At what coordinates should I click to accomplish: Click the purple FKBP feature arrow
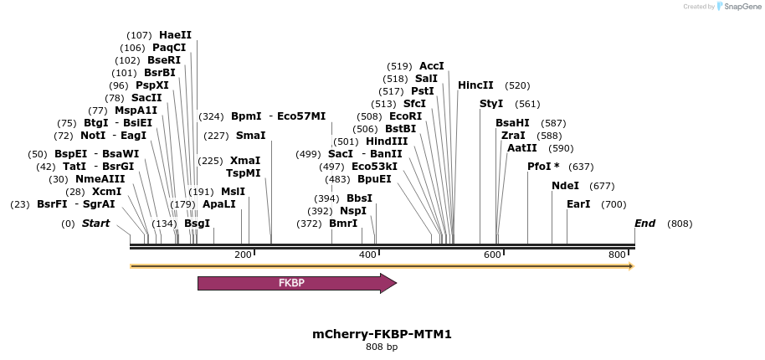[x=297, y=283]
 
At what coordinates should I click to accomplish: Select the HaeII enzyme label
[x=175, y=35]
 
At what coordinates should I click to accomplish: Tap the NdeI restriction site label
[x=566, y=186]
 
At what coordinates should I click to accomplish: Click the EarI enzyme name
[x=578, y=204]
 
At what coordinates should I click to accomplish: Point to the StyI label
[x=491, y=104]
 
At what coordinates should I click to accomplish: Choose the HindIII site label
[x=387, y=141]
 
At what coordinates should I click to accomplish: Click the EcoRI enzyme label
[x=405, y=116]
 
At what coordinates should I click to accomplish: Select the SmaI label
[x=251, y=135]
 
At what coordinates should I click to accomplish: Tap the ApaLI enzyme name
[x=219, y=203]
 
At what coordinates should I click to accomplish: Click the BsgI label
[x=197, y=224]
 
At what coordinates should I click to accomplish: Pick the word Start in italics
[x=95, y=224]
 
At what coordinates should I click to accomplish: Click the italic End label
[x=645, y=224]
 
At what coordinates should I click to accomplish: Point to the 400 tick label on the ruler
[x=368, y=255]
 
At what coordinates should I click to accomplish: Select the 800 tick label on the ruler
[x=617, y=255]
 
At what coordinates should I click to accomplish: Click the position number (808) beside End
[x=680, y=224]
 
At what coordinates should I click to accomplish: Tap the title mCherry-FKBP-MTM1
[x=382, y=334]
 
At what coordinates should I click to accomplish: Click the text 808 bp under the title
[x=382, y=347]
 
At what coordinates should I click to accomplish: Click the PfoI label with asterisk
[x=543, y=167]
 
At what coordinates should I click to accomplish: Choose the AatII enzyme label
[x=522, y=148]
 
